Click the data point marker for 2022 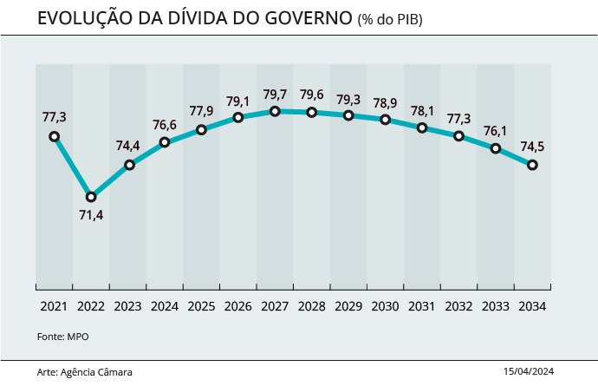tap(91, 197)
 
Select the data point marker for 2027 tap(275, 111)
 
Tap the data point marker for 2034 tap(532, 165)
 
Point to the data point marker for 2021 tap(55, 136)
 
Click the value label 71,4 tap(91, 215)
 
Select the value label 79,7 tap(275, 94)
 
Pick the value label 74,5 tap(532, 147)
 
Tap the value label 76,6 tap(165, 124)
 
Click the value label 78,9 tap(385, 101)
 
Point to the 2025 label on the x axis tap(201, 306)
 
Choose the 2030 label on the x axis tap(385, 306)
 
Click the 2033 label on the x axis tap(495, 306)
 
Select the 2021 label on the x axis tap(54, 306)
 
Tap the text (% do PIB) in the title tap(391, 19)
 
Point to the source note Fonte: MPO tap(63, 337)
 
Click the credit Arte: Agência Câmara tap(85, 371)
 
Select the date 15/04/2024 tap(528, 371)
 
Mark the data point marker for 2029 tap(348, 115)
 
